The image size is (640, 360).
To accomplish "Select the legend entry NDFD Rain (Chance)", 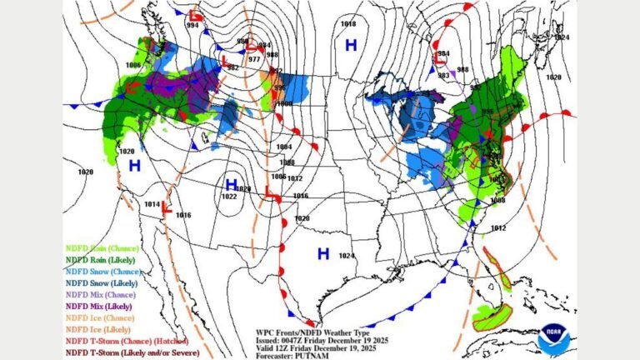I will (x=102, y=248).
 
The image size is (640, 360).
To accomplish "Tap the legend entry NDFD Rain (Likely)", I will (x=102, y=260).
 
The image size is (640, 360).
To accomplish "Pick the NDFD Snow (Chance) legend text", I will (x=103, y=272).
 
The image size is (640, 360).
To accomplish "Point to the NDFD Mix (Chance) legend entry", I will (x=101, y=295).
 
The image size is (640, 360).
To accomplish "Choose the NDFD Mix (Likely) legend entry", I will (x=100, y=307).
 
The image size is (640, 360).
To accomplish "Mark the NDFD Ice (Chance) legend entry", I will (x=99, y=318).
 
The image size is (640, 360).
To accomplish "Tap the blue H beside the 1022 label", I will (x=232, y=184).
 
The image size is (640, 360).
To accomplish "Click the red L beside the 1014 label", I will (x=166, y=208).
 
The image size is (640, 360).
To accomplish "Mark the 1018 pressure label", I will (x=348, y=24).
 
